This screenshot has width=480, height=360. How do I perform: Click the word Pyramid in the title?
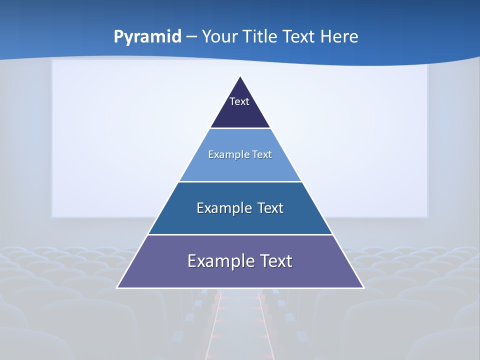click(x=147, y=37)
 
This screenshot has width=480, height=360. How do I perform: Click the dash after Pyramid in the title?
click(x=191, y=37)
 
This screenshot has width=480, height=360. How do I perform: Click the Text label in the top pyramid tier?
click(x=239, y=101)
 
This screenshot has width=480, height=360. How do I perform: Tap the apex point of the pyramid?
click(x=240, y=76)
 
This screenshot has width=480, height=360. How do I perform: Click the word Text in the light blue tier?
click(x=262, y=154)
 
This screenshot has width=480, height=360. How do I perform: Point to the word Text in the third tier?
click(x=270, y=208)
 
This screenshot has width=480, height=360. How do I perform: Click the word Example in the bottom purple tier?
click(x=215, y=261)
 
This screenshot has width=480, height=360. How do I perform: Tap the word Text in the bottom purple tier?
click(x=276, y=261)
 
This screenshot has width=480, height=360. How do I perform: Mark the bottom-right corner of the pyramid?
click(x=363, y=287)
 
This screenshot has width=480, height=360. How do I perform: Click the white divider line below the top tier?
click(x=240, y=128)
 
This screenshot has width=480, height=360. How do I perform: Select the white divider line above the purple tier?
click(x=240, y=234)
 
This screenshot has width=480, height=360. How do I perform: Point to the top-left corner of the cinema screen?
click(x=52, y=61)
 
